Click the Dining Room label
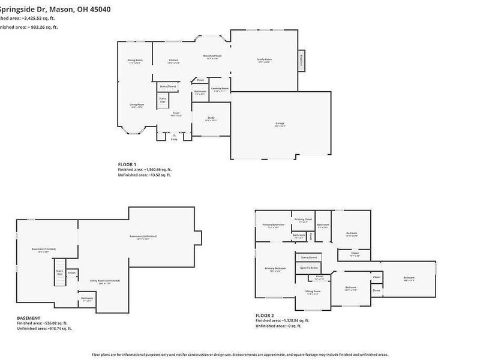click(134, 61)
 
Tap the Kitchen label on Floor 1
click(173, 61)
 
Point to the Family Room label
click(265, 59)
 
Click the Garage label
click(280, 124)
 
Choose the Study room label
click(211, 118)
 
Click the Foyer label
click(176, 113)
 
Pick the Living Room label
click(137, 104)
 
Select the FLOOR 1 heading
click(127, 164)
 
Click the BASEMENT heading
click(29, 317)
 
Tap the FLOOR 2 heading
click(265, 315)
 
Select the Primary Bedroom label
click(274, 268)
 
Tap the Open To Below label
click(308, 268)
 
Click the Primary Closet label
click(304, 220)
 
